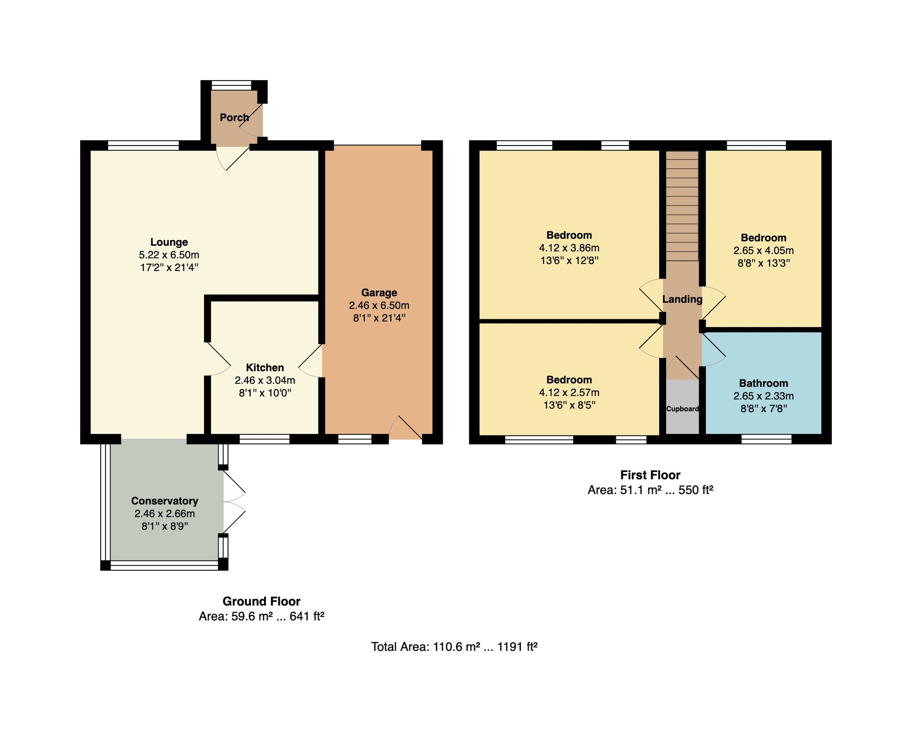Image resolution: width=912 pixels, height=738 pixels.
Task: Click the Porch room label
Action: [x=234, y=118]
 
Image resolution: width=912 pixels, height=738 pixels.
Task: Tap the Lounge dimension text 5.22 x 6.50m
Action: [x=169, y=255]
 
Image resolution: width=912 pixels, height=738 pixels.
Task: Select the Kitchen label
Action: [x=265, y=368]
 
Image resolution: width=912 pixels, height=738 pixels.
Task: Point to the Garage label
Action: [x=379, y=293]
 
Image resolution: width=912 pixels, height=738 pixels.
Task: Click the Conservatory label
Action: [x=165, y=501]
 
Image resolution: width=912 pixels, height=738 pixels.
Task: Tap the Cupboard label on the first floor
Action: [x=682, y=409]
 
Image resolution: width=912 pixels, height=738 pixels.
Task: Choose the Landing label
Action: [x=682, y=299]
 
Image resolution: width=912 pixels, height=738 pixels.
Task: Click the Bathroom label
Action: [x=764, y=383]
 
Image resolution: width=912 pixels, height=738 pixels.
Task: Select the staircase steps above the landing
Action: [x=682, y=206]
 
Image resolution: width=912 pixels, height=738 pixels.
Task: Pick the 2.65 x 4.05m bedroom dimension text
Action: [x=764, y=251]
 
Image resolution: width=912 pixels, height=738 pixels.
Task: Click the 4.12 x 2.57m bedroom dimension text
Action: [x=569, y=393]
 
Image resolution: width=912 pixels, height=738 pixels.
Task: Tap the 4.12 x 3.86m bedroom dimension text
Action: [x=569, y=248]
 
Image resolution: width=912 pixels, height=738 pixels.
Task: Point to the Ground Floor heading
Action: [x=261, y=601]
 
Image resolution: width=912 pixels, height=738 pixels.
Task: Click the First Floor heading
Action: [x=650, y=475]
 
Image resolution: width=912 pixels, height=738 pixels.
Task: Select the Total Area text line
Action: [x=454, y=646]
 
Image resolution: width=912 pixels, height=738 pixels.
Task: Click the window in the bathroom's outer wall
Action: [x=766, y=439]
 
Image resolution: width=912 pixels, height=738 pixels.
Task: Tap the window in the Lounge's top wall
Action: [x=143, y=145]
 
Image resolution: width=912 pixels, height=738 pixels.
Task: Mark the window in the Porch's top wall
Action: [x=231, y=85]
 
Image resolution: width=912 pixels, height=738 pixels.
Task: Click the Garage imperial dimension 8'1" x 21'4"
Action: [x=379, y=318]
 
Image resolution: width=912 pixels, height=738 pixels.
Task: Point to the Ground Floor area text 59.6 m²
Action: [x=252, y=616]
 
